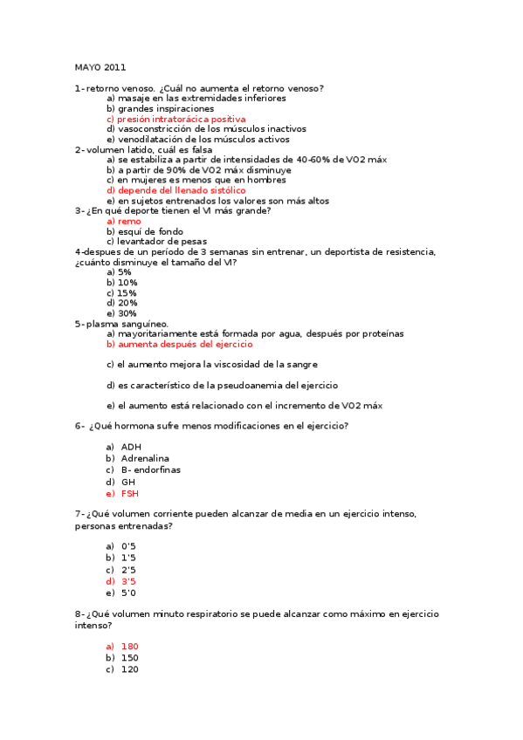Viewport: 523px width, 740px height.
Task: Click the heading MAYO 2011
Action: click(x=100, y=67)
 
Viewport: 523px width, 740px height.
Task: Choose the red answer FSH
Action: click(x=129, y=493)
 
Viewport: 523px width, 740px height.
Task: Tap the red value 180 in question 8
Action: click(x=129, y=647)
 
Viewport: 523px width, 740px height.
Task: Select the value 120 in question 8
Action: click(x=129, y=669)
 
